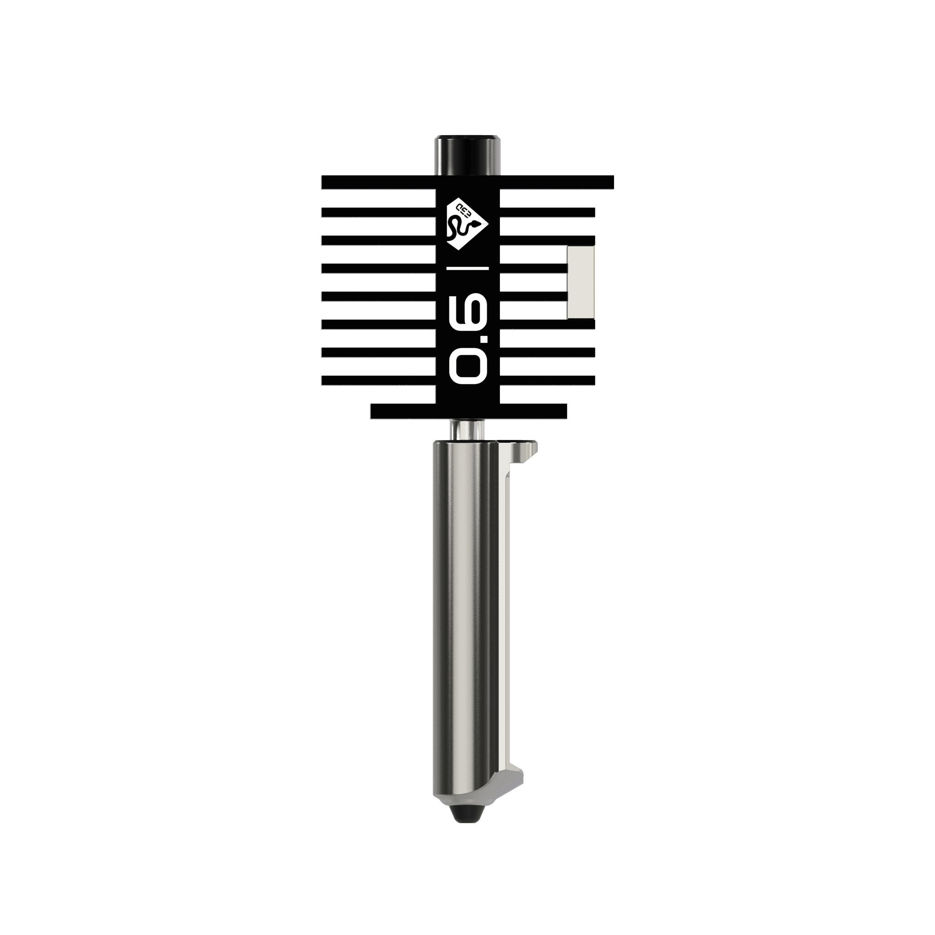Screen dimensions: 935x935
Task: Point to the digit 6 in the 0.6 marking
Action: tap(467, 307)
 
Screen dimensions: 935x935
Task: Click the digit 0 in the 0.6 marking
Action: tap(467, 366)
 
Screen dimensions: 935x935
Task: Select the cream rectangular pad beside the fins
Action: tap(580, 283)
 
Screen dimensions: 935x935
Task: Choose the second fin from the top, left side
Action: tap(378, 212)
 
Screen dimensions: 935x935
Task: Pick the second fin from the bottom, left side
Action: tap(378, 380)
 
